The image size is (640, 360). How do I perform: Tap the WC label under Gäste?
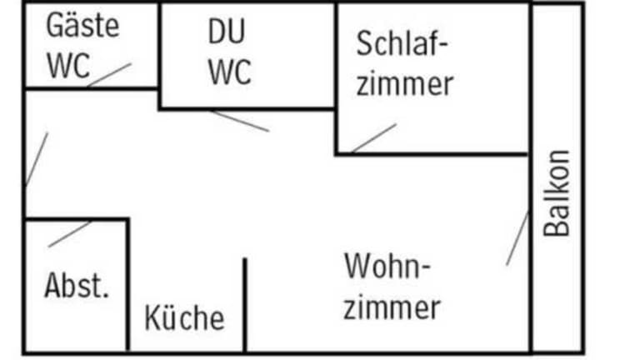67,67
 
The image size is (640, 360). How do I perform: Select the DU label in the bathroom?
227,32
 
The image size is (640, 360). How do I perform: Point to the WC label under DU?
229,72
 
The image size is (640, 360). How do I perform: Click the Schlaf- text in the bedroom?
402,44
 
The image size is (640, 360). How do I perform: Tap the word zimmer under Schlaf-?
404,84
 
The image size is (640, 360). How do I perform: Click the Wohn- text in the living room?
388,268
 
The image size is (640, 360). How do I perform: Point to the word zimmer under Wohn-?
392,308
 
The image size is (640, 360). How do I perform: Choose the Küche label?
184,317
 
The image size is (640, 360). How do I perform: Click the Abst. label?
77,286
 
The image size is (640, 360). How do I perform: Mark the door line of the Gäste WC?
109,75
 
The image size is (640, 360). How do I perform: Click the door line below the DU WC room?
239,121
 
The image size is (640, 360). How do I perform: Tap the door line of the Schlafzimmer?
373,138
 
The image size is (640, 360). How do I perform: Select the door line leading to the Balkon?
517,238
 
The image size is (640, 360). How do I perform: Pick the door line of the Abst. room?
70,234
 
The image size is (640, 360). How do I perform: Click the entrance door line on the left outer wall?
37,159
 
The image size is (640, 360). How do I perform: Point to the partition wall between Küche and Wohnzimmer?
244,304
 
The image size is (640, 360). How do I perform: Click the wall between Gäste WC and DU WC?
158,46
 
